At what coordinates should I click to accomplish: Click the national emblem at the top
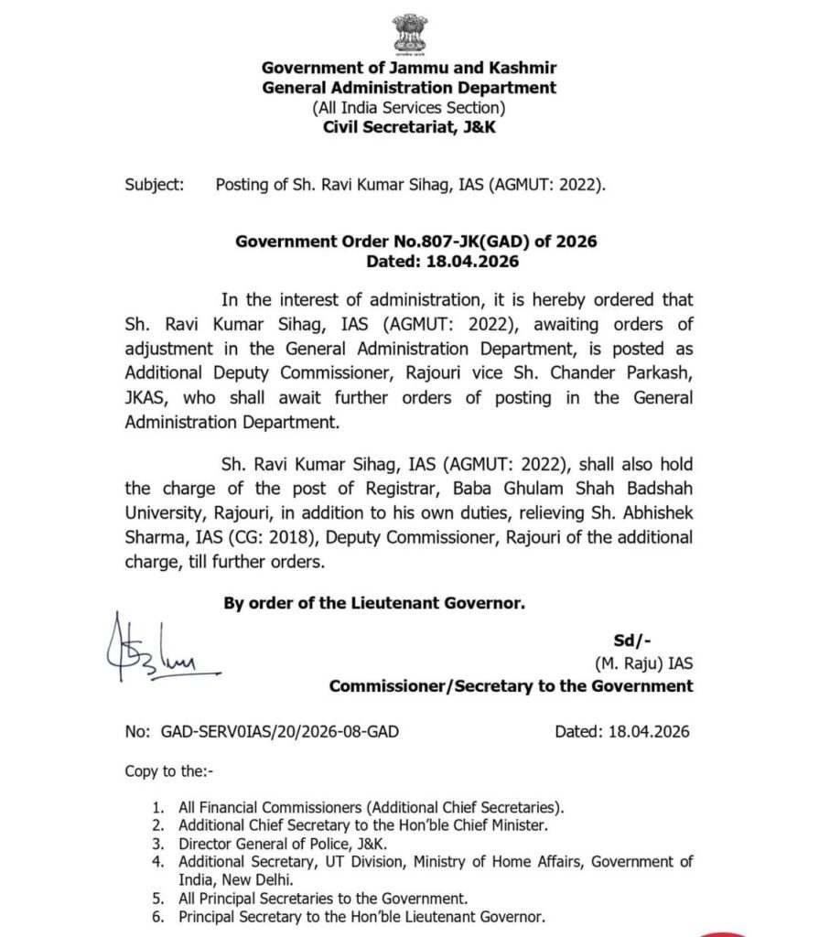click(409, 31)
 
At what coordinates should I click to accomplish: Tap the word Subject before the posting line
click(154, 185)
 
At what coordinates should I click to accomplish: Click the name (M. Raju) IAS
click(638, 663)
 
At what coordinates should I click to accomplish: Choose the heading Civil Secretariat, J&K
click(409, 127)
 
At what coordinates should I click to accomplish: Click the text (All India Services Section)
click(409, 108)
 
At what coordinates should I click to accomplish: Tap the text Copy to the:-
click(168, 771)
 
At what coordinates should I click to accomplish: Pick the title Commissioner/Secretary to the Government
click(511, 685)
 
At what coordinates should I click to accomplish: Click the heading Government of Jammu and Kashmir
click(409, 68)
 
